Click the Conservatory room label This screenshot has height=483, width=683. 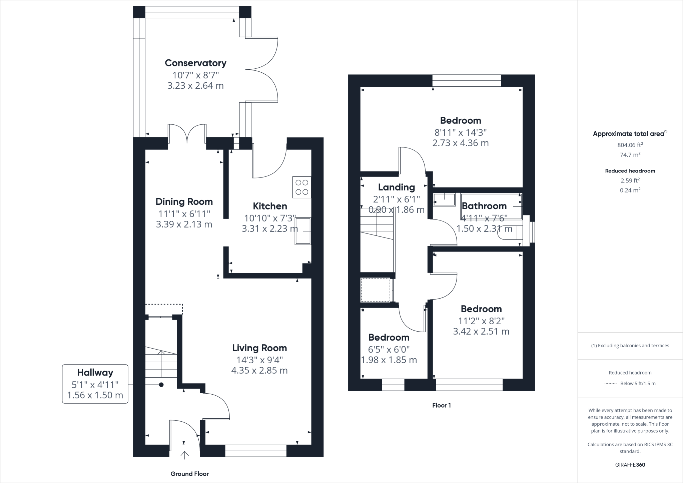point(195,63)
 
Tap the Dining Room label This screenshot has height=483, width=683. point(184,201)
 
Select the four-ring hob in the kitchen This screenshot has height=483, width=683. point(302,187)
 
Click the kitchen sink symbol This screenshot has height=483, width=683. point(303,231)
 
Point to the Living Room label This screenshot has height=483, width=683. point(259,348)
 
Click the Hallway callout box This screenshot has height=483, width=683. point(95,384)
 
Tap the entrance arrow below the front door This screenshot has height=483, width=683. point(184,455)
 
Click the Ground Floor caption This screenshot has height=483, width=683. point(189,474)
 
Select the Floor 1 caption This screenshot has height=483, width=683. point(442,405)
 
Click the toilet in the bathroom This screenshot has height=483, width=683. point(510,233)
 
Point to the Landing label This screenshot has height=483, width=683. point(396,187)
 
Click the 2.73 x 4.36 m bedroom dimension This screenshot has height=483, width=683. point(461,143)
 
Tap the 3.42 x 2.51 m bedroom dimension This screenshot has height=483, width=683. point(481,332)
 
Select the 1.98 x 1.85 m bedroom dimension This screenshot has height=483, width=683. point(389,360)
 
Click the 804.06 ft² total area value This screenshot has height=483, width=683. point(630,145)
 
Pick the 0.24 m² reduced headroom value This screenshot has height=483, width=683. point(630,190)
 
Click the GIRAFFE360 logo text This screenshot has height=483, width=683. point(630,465)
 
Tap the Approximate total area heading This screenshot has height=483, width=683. point(630,133)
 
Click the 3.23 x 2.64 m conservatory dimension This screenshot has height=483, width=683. point(195,86)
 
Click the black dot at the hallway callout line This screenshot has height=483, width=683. point(161,385)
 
